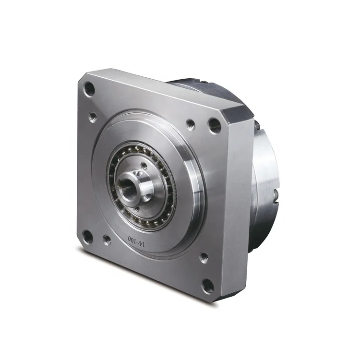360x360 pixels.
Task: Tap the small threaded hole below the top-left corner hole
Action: tap(93, 116)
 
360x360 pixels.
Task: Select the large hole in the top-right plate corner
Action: tap(215, 126)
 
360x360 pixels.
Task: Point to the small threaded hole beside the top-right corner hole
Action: tap(191, 125)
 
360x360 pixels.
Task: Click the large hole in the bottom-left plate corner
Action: tap(87, 236)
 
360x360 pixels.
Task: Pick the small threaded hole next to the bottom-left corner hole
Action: tap(107, 240)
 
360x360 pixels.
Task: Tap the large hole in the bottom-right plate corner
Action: tap(207, 286)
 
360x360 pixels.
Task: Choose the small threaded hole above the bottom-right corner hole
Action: tap(204, 258)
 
